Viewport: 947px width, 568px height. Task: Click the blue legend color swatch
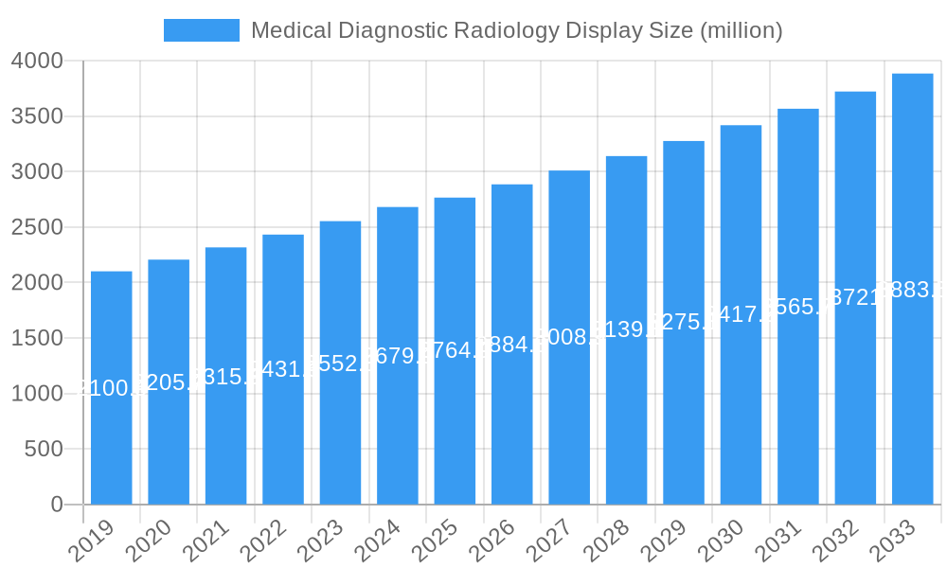(x=201, y=30)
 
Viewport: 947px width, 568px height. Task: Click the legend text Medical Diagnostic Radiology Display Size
(x=516, y=30)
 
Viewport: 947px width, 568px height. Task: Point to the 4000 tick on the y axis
(x=37, y=62)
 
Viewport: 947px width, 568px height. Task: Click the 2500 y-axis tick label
(x=37, y=227)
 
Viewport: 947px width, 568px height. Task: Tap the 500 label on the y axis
(x=45, y=449)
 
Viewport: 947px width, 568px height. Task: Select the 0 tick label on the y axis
(x=57, y=505)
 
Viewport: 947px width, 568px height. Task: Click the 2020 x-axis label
(x=148, y=541)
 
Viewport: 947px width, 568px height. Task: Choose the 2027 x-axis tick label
(x=548, y=541)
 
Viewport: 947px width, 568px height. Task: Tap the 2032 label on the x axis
(x=834, y=541)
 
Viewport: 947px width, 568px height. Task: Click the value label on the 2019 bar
(x=112, y=387)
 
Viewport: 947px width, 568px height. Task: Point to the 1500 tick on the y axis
(x=37, y=338)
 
